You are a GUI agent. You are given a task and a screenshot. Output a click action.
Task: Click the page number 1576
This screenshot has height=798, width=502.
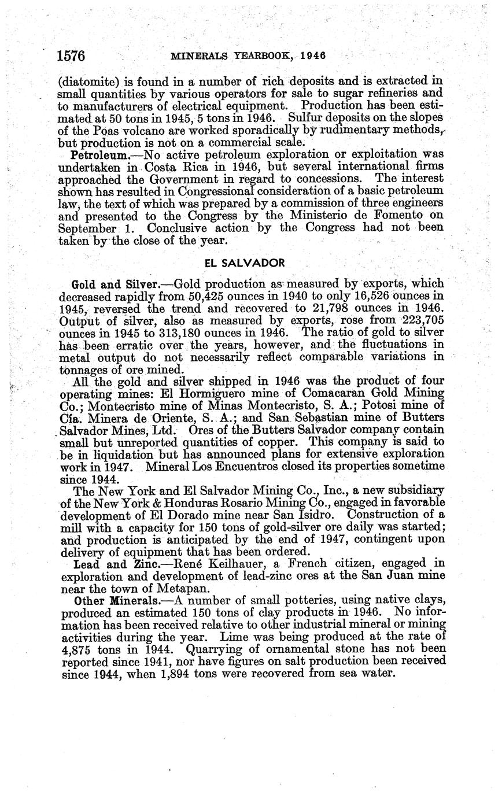(71, 56)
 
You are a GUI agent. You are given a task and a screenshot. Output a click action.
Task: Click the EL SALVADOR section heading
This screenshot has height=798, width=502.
(245, 263)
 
